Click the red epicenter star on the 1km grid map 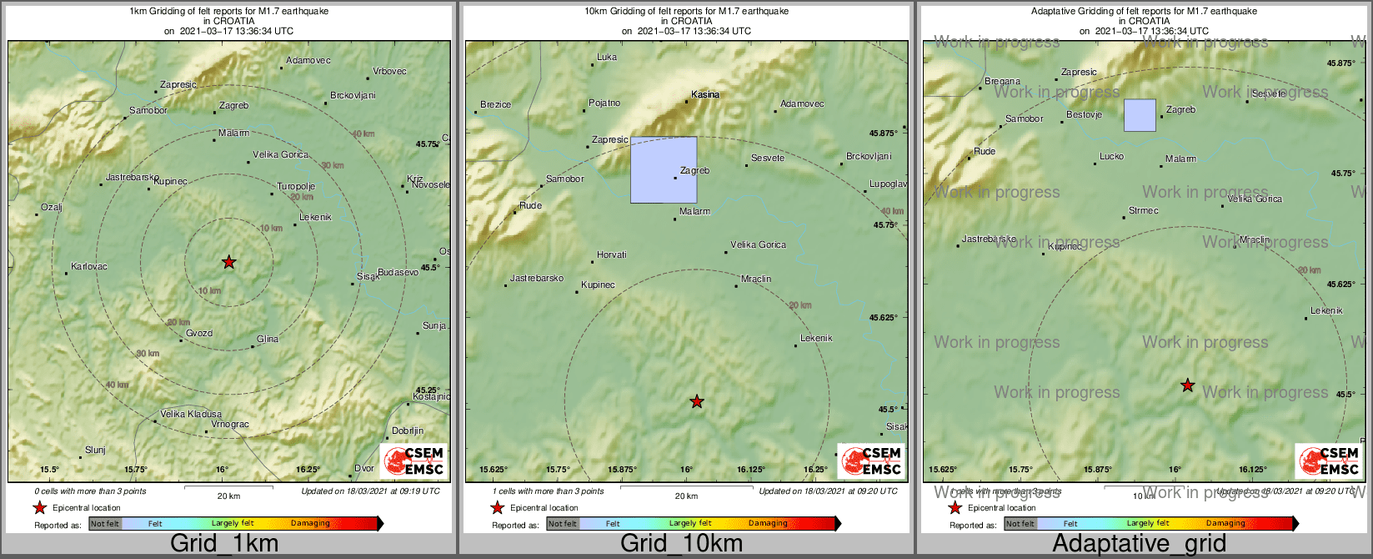[x=229, y=263]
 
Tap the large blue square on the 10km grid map [x=664, y=170]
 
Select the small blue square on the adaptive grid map [x=1140, y=115]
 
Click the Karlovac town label [x=89, y=267]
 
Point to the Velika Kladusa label [x=191, y=415]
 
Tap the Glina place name [x=268, y=340]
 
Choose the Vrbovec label [x=389, y=72]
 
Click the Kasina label [x=705, y=95]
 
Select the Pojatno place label [x=604, y=103]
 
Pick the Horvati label [x=612, y=255]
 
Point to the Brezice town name [x=496, y=105]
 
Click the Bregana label [x=1002, y=82]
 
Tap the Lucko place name [x=1111, y=157]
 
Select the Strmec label [x=1143, y=211]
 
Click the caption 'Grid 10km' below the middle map [x=681, y=544]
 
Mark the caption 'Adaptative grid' [x=1139, y=544]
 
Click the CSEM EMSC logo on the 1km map [x=413, y=461]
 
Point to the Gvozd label [x=199, y=334]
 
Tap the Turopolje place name [x=296, y=187]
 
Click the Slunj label [x=96, y=451]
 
